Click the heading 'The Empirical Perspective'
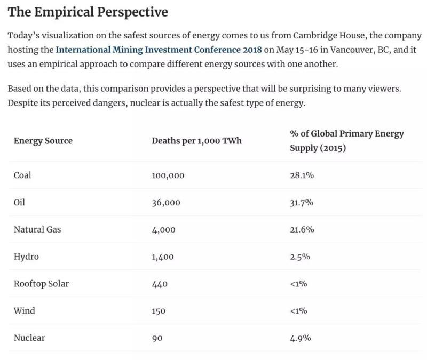88,12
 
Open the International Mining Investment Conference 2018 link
159,50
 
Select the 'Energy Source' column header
43,141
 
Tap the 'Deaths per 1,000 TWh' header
196,141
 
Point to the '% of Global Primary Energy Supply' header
346,141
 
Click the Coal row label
22,175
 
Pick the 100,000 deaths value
168,175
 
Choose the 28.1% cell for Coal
302,175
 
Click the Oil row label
19,202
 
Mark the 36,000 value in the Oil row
165,203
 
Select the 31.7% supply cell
302,203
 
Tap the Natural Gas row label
37,229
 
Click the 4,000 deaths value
163,230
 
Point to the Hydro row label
26,257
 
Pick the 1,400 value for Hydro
163,257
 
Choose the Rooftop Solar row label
41,284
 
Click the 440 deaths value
160,284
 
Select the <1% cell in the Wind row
298,311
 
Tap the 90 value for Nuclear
157,338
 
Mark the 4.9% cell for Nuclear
300,338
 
